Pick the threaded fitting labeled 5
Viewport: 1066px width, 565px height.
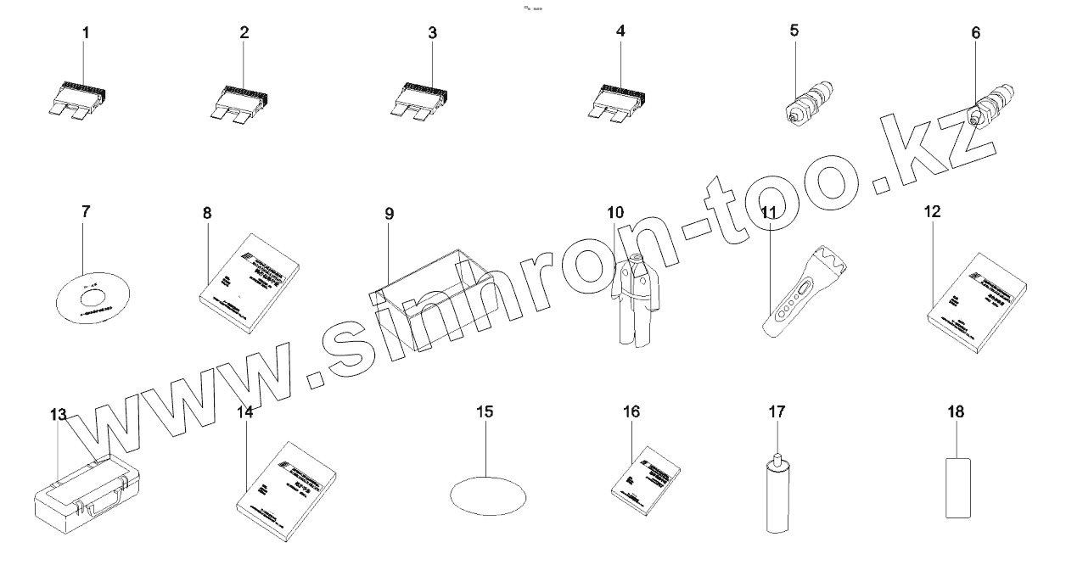click(x=809, y=104)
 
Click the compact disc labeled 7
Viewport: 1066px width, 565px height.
click(x=91, y=296)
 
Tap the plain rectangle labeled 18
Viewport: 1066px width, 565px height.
click(x=957, y=486)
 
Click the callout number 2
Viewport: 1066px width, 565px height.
click(x=244, y=33)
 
